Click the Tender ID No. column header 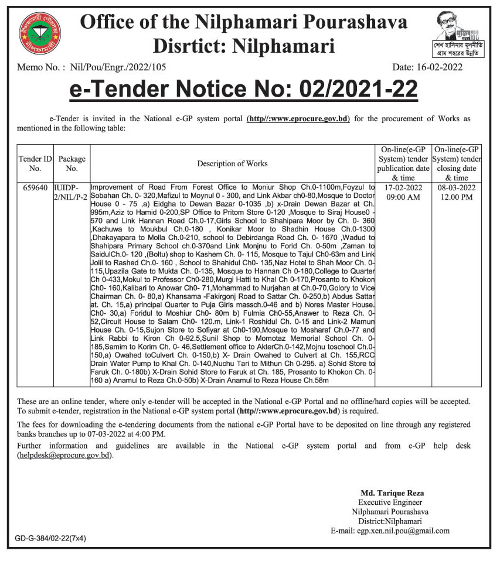[x=35, y=163]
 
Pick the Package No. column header [x=72, y=163]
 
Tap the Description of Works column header [x=232, y=163]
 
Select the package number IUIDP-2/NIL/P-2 [x=72, y=193]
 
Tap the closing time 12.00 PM [x=458, y=197]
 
